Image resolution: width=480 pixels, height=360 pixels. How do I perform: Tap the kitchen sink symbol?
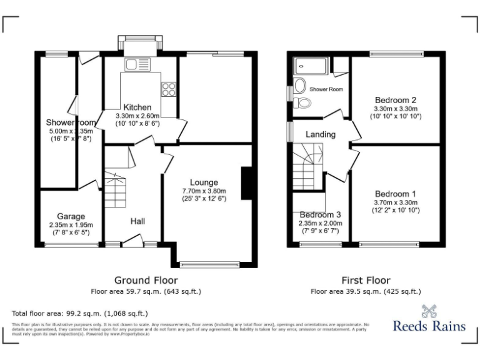[x=134, y=64]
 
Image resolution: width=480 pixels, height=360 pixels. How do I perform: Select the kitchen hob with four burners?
[x=168, y=89]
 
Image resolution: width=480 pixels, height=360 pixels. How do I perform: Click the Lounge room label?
[x=204, y=182]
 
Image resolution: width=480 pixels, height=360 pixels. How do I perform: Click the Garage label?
[x=71, y=216]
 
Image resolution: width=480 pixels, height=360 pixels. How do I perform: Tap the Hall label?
[x=138, y=221]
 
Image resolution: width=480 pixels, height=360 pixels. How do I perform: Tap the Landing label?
[x=320, y=134]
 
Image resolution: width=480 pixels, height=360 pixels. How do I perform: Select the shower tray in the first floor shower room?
[x=311, y=65]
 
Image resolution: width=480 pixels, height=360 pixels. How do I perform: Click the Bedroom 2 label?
[x=396, y=100]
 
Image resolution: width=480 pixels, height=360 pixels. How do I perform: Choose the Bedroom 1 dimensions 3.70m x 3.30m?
[x=396, y=202]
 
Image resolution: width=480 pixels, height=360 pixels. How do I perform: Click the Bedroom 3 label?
[x=320, y=215]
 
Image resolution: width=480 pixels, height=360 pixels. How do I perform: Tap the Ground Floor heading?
[x=146, y=281]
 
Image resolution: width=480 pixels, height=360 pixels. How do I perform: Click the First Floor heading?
[x=366, y=281]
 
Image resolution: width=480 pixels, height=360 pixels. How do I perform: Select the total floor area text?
[x=80, y=313]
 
